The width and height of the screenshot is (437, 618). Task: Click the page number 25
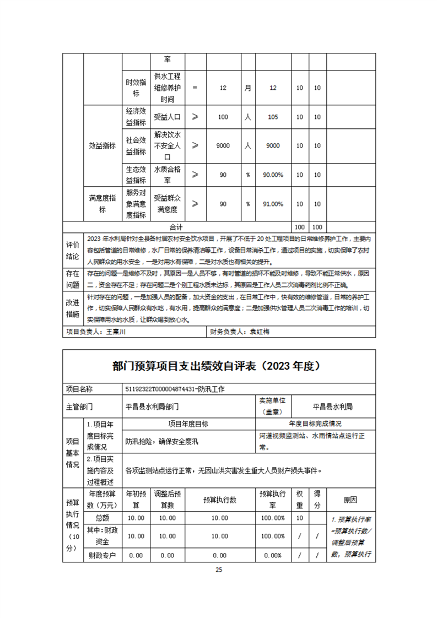(219, 570)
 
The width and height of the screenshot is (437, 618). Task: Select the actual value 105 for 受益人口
(272, 117)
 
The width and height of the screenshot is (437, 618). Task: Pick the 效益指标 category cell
(102, 145)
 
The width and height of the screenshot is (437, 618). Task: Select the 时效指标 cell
(136, 88)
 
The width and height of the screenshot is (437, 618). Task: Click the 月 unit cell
(248, 88)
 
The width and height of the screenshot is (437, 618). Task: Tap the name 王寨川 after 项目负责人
(116, 332)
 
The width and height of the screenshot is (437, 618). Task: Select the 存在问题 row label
(73, 279)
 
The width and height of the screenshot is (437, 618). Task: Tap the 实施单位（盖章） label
(269, 406)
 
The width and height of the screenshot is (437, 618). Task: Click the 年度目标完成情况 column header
(315, 424)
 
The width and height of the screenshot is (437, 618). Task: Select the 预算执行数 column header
(219, 500)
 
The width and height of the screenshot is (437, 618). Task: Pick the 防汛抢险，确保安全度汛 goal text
(161, 441)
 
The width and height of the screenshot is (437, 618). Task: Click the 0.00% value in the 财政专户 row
(273, 555)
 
